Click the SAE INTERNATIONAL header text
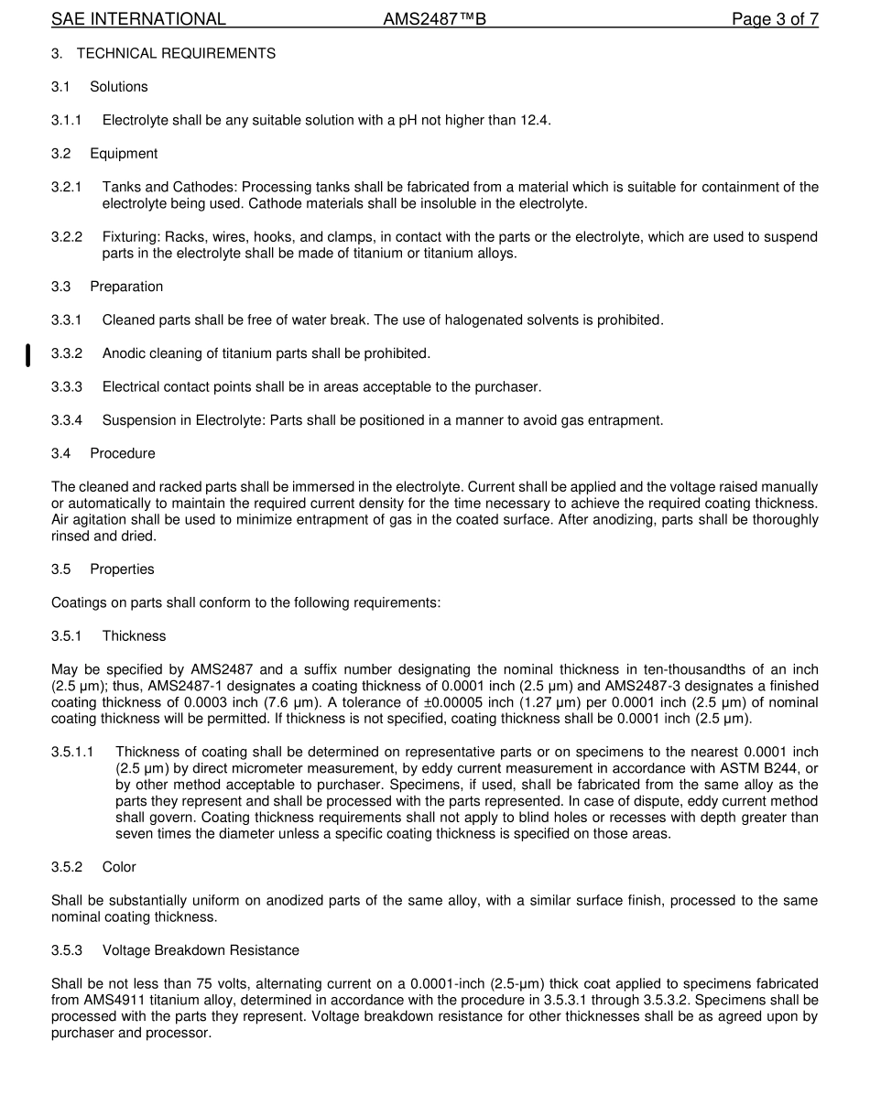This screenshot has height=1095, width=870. point(138,19)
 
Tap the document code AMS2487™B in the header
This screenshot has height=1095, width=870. point(434,19)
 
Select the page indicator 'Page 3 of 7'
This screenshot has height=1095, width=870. point(775,19)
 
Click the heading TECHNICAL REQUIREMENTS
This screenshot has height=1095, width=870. point(176,53)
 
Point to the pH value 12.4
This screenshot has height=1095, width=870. point(534,120)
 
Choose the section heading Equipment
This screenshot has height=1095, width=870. point(124,154)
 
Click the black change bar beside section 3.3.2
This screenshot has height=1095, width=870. point(27,354)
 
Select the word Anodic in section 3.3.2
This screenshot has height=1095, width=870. point(124,353)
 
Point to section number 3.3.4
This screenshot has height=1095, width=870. point(67,420)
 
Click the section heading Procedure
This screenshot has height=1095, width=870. point(123,453)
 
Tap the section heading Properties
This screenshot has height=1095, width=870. point(122,569)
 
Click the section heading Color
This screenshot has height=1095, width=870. point(120,867)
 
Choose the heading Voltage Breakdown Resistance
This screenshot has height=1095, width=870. point(201,950)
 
